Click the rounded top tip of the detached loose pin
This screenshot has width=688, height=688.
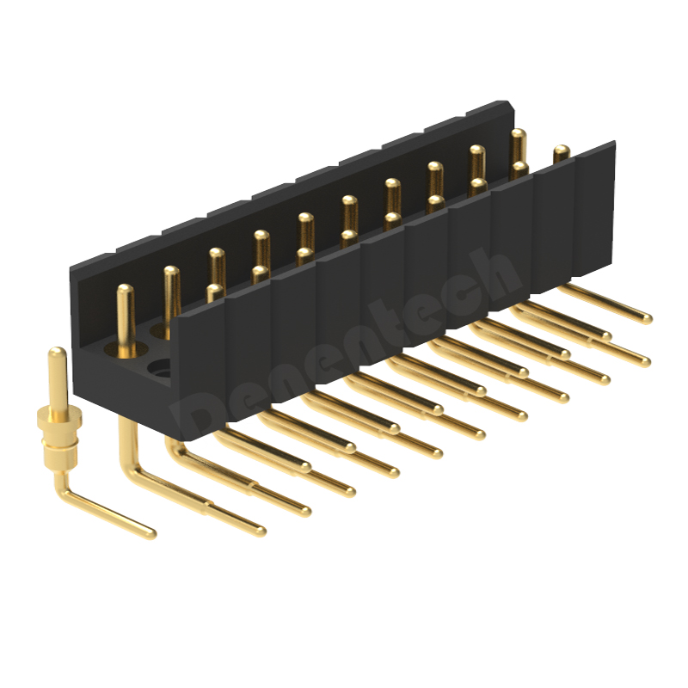click(57, 352)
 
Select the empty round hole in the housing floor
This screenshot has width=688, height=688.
click(161, 371)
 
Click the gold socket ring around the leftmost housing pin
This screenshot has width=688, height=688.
click(126, 349)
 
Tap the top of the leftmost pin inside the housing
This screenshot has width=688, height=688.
click(126, 290)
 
